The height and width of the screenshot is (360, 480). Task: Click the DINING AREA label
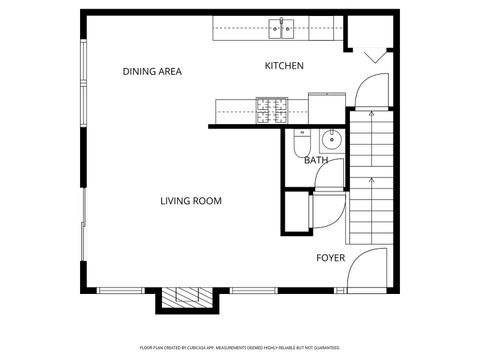point(152,71)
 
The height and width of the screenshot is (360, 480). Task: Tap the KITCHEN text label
point(284,66)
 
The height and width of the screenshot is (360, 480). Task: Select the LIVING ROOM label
point(190,201)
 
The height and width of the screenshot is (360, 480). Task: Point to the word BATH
point(316,160)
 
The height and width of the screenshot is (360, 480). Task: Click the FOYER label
point(330,257)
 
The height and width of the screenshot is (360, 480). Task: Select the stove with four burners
point(270,108)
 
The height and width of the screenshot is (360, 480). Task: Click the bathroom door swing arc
point(329,174)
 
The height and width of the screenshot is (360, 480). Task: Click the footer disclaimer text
point(239,347)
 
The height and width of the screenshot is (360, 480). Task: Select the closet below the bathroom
point(298,211)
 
